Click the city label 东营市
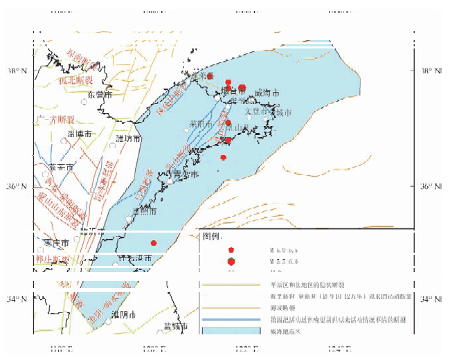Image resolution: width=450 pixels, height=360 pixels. point(99,94)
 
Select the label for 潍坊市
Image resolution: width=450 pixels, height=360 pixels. point(128,138)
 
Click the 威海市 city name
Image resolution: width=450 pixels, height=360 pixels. point(267,93)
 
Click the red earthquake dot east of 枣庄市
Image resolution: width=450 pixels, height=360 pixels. point(154,242)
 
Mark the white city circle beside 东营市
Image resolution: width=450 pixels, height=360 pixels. point(83,102)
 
